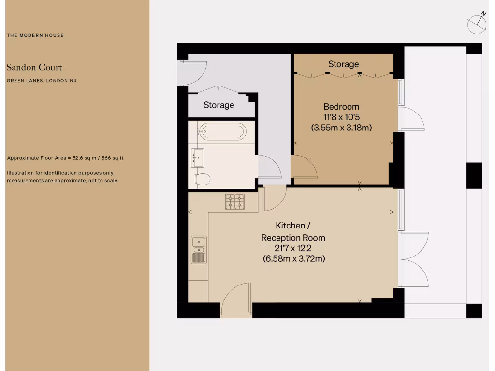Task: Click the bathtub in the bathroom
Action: (223, 131)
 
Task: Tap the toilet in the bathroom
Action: (202, 179)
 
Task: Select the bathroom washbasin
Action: (198, 157)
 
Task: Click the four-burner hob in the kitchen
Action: (235, 201)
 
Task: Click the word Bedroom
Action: (341, 107)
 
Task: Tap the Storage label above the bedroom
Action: (343, 64)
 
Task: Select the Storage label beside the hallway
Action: (218, 105)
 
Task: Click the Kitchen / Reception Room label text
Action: (293, 231)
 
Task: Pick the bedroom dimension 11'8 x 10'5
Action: (341, 117)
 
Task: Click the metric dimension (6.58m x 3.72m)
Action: (293, 259)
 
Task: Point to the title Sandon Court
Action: (34, 67)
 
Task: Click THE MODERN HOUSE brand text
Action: (35, 35)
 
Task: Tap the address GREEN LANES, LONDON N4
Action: (42, 81)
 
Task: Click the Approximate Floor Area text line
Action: (68, 158)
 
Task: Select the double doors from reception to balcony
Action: (414, 260)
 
